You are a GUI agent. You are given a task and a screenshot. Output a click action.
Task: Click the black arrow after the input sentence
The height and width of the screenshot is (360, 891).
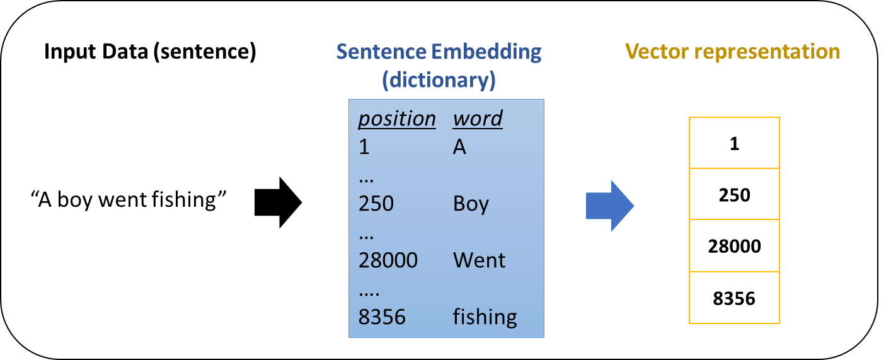(278, 202)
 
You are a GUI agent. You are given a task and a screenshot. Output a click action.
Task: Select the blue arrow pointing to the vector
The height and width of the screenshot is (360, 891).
(609, 206)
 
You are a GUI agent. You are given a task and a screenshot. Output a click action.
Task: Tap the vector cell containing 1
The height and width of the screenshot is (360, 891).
(734, 143)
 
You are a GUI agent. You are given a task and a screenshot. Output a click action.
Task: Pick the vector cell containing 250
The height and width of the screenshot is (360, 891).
(734, 194)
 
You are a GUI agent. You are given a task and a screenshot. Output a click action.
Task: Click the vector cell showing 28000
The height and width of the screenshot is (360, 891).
(734, 246)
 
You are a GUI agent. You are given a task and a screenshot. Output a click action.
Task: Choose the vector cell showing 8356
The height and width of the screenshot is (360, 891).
(734, 298)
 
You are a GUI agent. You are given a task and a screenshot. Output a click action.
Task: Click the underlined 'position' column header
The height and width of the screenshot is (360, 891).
(397, 119)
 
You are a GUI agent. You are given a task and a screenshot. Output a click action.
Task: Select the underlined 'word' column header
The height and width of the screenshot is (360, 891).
(478, 119)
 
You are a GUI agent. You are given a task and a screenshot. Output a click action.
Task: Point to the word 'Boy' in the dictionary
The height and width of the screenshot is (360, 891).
(471, 204)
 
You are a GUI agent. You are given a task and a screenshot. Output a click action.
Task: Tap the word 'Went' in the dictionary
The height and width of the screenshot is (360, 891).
(479, 260)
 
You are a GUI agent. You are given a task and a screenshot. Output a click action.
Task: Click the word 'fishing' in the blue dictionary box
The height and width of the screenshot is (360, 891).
(485, 316)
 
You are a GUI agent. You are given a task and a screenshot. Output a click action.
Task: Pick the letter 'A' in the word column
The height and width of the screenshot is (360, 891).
(459, 147)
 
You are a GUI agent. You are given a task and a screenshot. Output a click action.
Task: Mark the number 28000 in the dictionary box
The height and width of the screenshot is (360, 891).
(388, 260)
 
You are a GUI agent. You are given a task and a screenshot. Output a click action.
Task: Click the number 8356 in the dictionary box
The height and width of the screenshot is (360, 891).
(382, 316)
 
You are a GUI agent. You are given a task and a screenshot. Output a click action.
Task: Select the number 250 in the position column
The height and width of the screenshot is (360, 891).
(376, 204)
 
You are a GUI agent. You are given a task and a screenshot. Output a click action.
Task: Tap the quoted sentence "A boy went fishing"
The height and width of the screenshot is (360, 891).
(128, 200)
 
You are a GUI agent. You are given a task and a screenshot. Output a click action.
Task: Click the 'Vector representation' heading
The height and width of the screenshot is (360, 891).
(733, 51)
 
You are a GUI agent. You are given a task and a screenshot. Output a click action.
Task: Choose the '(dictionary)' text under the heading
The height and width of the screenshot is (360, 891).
(439, 80)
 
